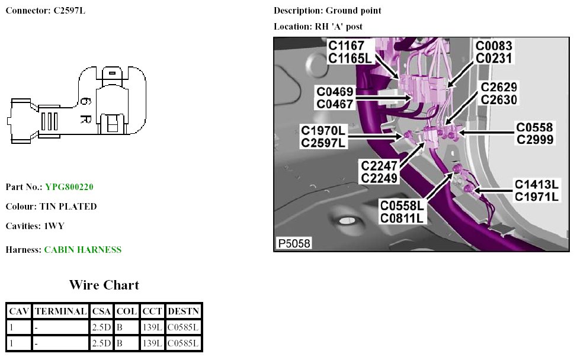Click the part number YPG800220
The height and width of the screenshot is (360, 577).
pyautogui.click(x=69, y=187)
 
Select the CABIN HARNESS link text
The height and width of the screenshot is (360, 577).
pyautogui.click(x=83, y=250)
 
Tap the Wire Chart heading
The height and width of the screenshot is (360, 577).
pyautogui.click(x=104, y=285)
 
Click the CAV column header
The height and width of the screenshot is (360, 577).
pyautogui.click(x=19, y=311)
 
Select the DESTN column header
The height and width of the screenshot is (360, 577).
pyautogui.click(x=183, y=311)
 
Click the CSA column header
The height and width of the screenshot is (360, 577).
pyautogui.click(x=101, y=311)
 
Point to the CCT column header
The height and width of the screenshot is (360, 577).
pyautogui.click(x=152, y=311)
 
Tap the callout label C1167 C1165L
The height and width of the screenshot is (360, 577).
pyautogui.click(x=350, y=52)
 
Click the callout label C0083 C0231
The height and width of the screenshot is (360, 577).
pyautogui.click(x=494, y=52)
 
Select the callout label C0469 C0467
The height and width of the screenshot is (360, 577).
pyautogui.click(x=335, y=98)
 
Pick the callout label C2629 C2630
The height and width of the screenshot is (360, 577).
pyautogui.click(x=499, y=93)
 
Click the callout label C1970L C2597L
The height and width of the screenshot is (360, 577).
pyautogui.click(x=323, y=136)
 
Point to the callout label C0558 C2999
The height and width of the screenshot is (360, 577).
pyautogui.click(x=534, y=133)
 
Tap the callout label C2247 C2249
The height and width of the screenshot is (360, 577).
pyautogui.click(x=380, y=172)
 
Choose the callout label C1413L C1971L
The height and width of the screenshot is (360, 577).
pyautogui.click(x=536, y=190)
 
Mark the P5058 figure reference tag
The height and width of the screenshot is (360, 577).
pyautogui.click(x=293, y=243)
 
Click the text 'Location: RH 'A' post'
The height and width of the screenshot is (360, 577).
pyautogui.click(x=318, y=27)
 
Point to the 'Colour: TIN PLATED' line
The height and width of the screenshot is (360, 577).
pyautogui.click(x=51, y=207)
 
